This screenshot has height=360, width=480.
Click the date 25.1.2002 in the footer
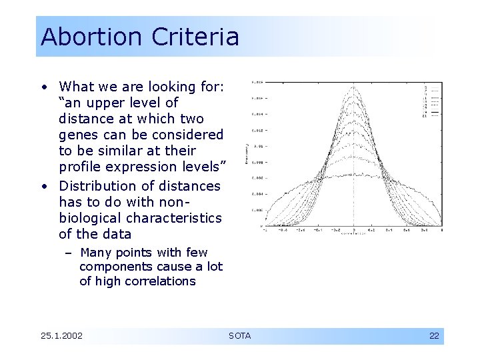tap(61, 335)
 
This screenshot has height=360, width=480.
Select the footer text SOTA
tap(240, 335)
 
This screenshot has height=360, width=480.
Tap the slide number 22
tap(434, 335)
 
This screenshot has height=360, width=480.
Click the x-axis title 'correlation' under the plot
tap(353, 235)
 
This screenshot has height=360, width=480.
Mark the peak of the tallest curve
tap(353, 86)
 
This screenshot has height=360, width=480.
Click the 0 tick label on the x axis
tap(353, 229)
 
